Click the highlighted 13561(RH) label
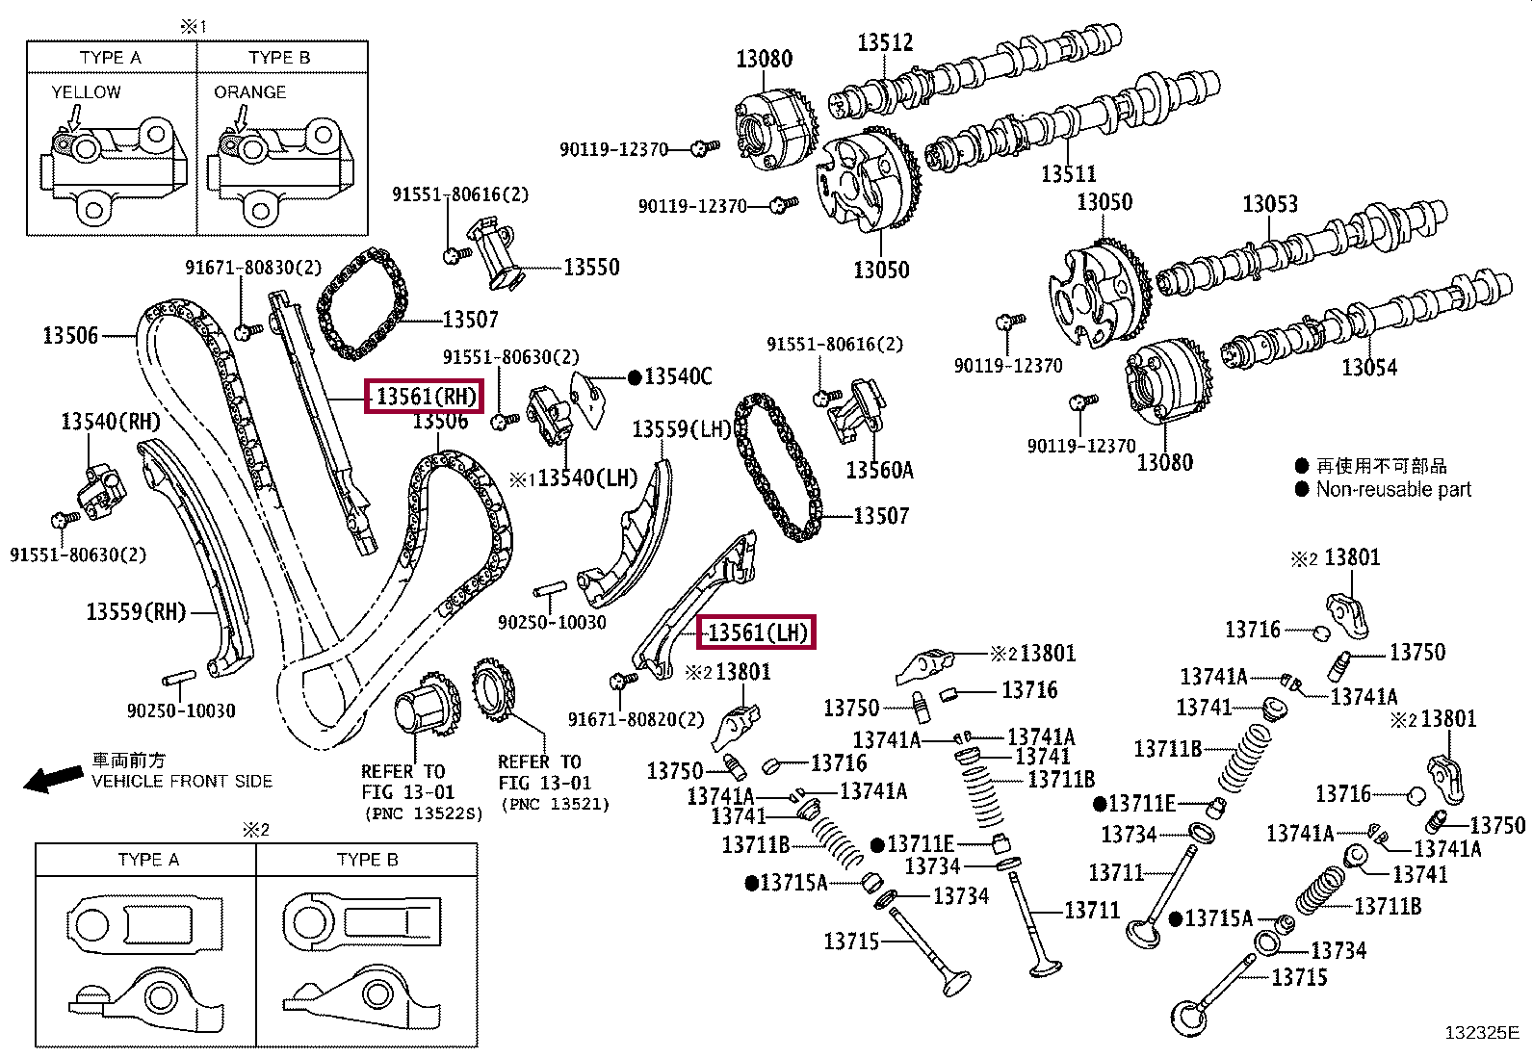coord(422,396)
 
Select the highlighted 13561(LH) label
coord(756,632)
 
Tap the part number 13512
coord(885,42)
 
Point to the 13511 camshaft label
coord(1068,173)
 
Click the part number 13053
coord(1269,204)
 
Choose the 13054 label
coord(1368,367)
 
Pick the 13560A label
coord(879,470)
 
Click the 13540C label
coord(678,376)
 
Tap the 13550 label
coord(591,268)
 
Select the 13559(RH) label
coord(136,611)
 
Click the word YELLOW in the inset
coord(86,92)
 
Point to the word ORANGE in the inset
coord(249,92)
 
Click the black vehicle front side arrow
coord(52,778)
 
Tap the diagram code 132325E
coord(1481,1033)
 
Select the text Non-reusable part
coord(1393,489)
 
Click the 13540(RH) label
coord(111,421)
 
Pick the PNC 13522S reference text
coord(423,813)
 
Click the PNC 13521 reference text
coord(555,804)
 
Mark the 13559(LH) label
coord(682,429)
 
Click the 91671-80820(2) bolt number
coord(636,719)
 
